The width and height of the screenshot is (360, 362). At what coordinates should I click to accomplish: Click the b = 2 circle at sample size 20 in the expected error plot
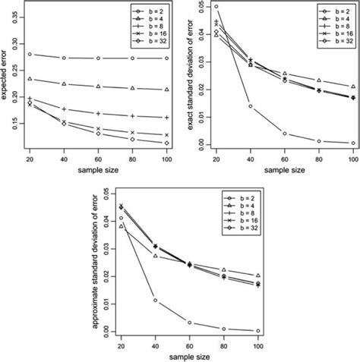30,54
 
